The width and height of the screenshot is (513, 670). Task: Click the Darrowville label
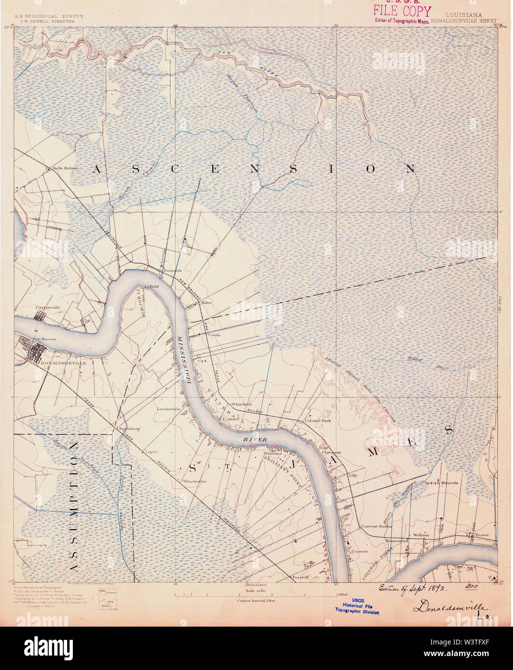tap(48, 307)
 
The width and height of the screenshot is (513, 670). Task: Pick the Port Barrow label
tap(44, 339)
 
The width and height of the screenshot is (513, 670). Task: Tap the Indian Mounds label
tap(442, 482)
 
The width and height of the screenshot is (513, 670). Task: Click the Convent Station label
tap(376, 526)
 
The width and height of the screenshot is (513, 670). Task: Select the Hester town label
tap(482, 535)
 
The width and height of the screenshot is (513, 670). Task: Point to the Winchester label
tap(194, 481)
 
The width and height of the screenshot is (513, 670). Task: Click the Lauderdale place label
tap(168, 409)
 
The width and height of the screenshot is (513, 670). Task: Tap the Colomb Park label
tap(317, 421)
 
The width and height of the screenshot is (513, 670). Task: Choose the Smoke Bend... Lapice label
tap(152, 452)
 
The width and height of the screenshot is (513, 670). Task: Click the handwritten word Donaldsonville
tap(451, 607)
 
